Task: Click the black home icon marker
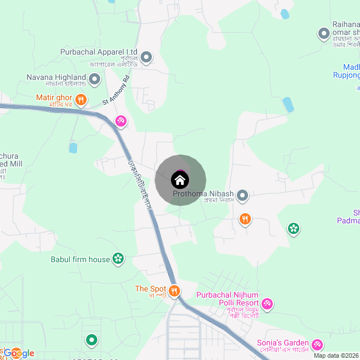click(180, 180)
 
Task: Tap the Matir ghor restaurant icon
click(82, 100)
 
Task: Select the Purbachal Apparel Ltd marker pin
click(146, 57)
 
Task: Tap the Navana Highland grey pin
click(95, 78)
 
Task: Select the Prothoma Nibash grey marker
click(242, 195)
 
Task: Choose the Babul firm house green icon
click(118, 259)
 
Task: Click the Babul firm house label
click(80, 259)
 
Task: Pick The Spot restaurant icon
click(174, 290)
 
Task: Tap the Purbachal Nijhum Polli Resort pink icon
click(268, 303)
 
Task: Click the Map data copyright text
click(335, 355)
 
